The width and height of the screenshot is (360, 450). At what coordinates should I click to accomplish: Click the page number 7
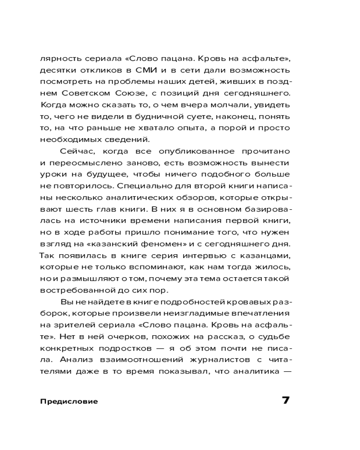click(x=285, y=400)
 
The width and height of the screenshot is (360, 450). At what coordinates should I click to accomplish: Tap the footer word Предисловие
click(x=68, y=401)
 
